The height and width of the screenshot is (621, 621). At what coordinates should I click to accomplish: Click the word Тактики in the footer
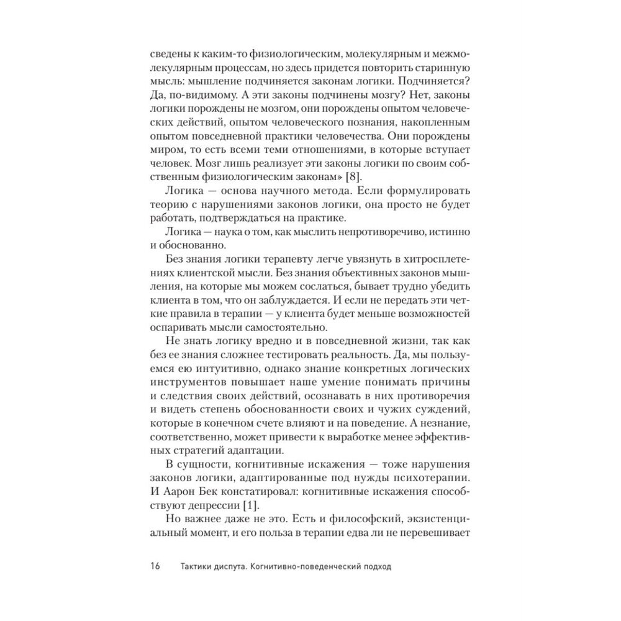(x=197, y=566)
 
